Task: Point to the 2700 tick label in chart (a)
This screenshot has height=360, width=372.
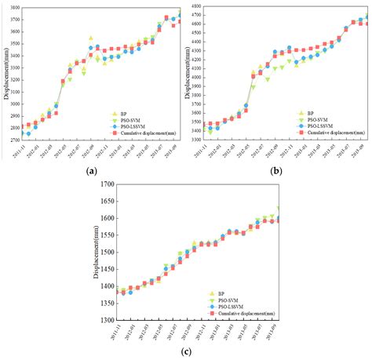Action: [x=15, y=140]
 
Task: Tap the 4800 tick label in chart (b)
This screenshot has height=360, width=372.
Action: [x=195, y=5]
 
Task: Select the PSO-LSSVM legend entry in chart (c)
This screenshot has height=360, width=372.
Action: [x=226, y=304]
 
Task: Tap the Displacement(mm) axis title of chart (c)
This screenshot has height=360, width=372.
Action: [x=97, y=251]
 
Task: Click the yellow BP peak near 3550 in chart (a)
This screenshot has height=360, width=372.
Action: [x=91, y=38]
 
